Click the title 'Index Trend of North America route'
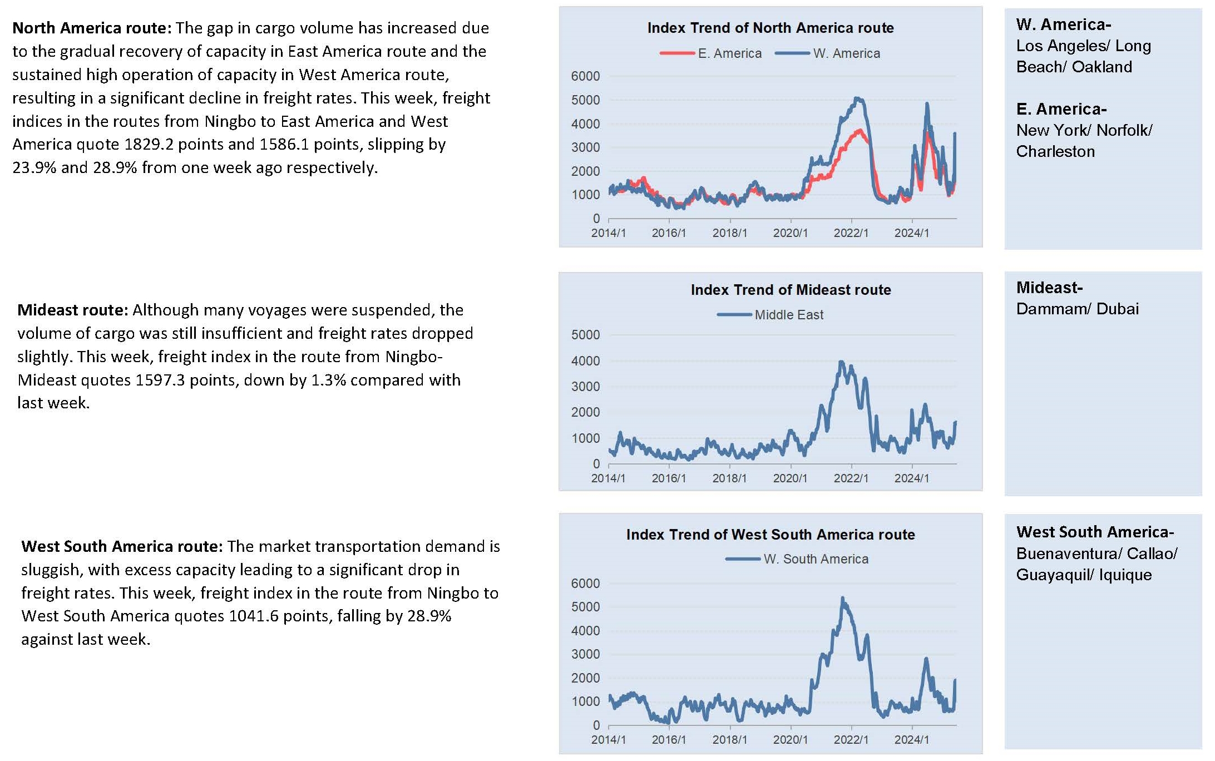click(x=771, y=28)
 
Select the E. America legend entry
click(x=710, y=53)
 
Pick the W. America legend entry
click(x=828, y=53)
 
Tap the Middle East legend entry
click(x=771, y=315)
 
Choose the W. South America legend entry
click(x=797, y=559)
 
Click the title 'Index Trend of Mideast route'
click(x=791, y=290)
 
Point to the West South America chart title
click(x=771, y=535)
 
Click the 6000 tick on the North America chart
click(x=585, y=76)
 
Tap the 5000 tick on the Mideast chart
click(x=585, y=335)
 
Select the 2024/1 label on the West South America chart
click(x=911, y=740)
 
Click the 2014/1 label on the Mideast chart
click(x=608, y=478)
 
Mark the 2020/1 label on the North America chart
click(x=790, y=233)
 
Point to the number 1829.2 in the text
click(x=149, y=145)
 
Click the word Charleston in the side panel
click(x=1055, y=151)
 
